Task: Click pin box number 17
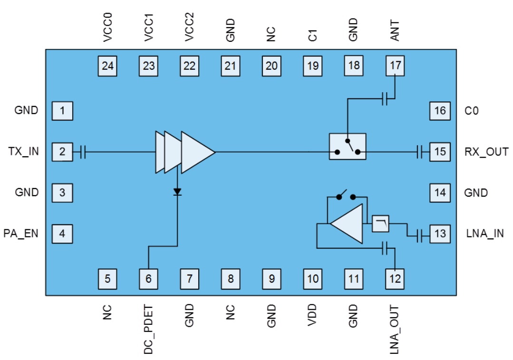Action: [395, 66]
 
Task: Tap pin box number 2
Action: [62, 152]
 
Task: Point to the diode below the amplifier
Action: [177, 192]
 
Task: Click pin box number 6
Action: [148, 279]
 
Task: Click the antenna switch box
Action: [348, 146]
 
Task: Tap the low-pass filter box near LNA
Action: [380, 223]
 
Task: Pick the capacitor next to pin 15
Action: [419, 152]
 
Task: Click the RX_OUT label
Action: [486, 152]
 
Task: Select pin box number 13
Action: [440, 234]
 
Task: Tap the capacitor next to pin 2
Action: [83, 152]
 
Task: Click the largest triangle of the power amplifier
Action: [196, 152]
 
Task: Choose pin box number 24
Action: [108, 66]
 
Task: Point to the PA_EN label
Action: [21, 234]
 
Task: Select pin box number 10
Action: [312, 279]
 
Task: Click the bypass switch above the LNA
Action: [346, 196]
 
